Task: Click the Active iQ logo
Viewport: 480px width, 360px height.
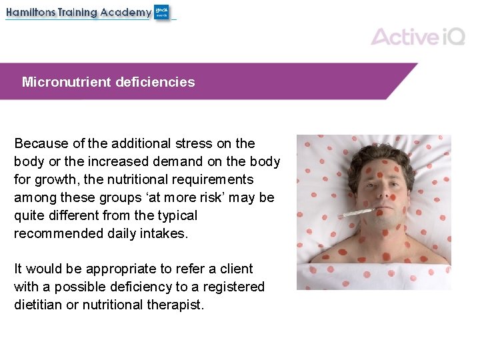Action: [x=417, y=36]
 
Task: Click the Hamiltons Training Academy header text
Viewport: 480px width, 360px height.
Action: [x=79, y=12]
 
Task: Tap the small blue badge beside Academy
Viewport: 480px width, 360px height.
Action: [x=162, y=12]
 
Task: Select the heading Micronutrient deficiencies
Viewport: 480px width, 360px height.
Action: [x=108, y=82]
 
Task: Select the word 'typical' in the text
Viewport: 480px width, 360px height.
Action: [x=175, y=215]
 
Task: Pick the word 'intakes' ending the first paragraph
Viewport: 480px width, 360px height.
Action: [x=165, y=233]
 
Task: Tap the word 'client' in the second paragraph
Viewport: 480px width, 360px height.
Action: [x=237, y=269]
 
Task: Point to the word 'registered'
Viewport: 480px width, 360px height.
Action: [x=234, y=287]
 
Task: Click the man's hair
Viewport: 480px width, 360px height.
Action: [x=373, y=155]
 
